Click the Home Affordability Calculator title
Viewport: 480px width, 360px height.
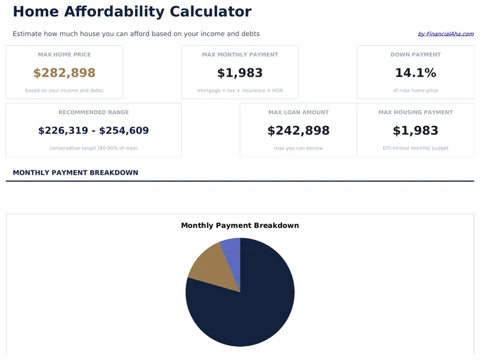point(132,11)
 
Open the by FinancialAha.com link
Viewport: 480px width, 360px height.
point(445,34)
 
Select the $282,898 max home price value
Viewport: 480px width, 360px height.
point(64,73)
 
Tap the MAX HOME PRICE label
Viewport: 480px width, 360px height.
point(64,55)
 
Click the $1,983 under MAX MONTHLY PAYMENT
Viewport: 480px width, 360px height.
point(240,73)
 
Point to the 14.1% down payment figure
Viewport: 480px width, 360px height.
point(415,73)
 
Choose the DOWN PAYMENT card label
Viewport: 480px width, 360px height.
point(415,55)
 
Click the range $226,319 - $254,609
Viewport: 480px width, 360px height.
point(94,131)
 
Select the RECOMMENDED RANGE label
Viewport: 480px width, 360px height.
point(94,112)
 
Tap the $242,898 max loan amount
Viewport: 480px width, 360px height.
point(298,131)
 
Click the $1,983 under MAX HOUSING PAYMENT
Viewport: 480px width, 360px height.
point(415,131)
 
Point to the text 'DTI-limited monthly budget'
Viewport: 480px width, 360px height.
point(415,148)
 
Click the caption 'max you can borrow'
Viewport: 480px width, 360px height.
point(298,148)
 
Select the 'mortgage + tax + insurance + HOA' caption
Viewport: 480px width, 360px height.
point(240,91)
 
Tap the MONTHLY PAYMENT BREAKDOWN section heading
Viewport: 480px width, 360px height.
point(76,173)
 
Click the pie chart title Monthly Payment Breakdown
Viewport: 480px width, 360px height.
point(240,226)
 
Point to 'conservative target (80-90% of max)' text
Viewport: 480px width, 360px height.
point(94,148)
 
